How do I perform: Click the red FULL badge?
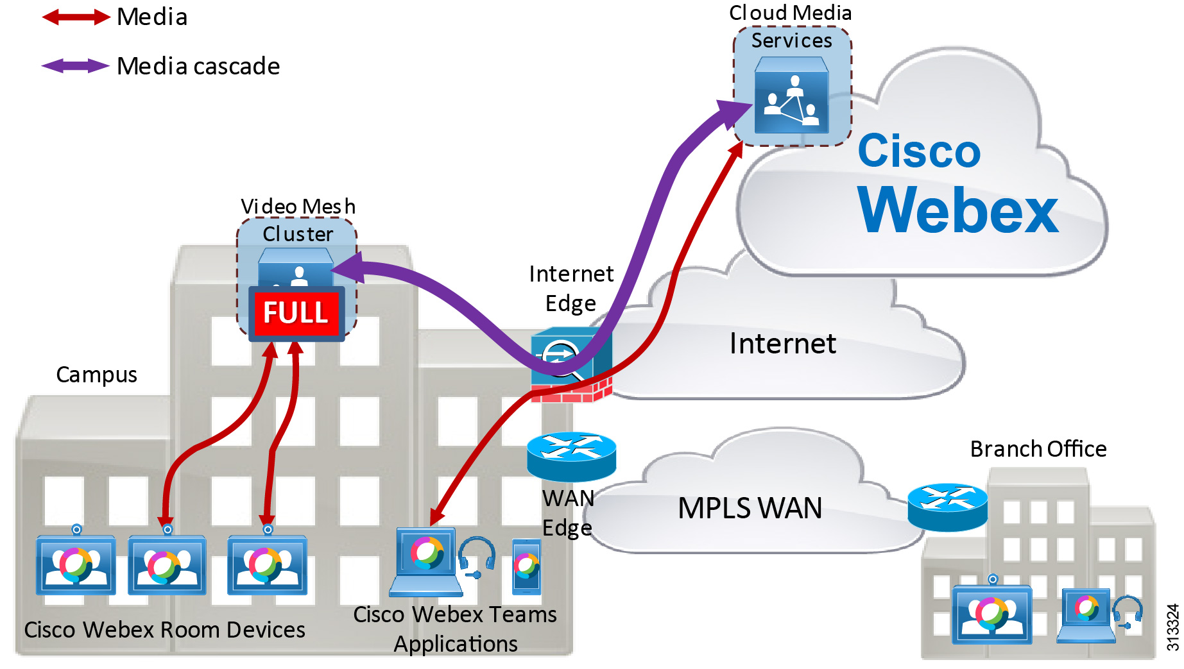coord(296,313)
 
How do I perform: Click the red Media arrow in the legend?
coord(76,17)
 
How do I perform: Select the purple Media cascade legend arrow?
coord(76,65)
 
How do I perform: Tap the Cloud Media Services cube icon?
coord(791,96)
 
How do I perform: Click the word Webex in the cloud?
coord(957,210)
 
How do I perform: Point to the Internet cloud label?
coord(782,344)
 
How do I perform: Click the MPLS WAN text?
coord(750,508)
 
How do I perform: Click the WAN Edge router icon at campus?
coord(571,456)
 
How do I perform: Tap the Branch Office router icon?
coord(947,507)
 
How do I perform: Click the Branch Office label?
coord(1038,449)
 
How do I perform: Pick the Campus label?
coord(96,375)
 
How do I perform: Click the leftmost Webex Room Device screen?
coord(76,565)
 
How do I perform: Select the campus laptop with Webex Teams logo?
coord(426,561)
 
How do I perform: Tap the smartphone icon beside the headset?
coord(526,566)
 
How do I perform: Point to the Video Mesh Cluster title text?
coord(298,219)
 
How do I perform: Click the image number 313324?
coord(1172,627)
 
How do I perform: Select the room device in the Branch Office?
coord(992,613)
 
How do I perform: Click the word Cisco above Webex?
coord(919,151)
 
